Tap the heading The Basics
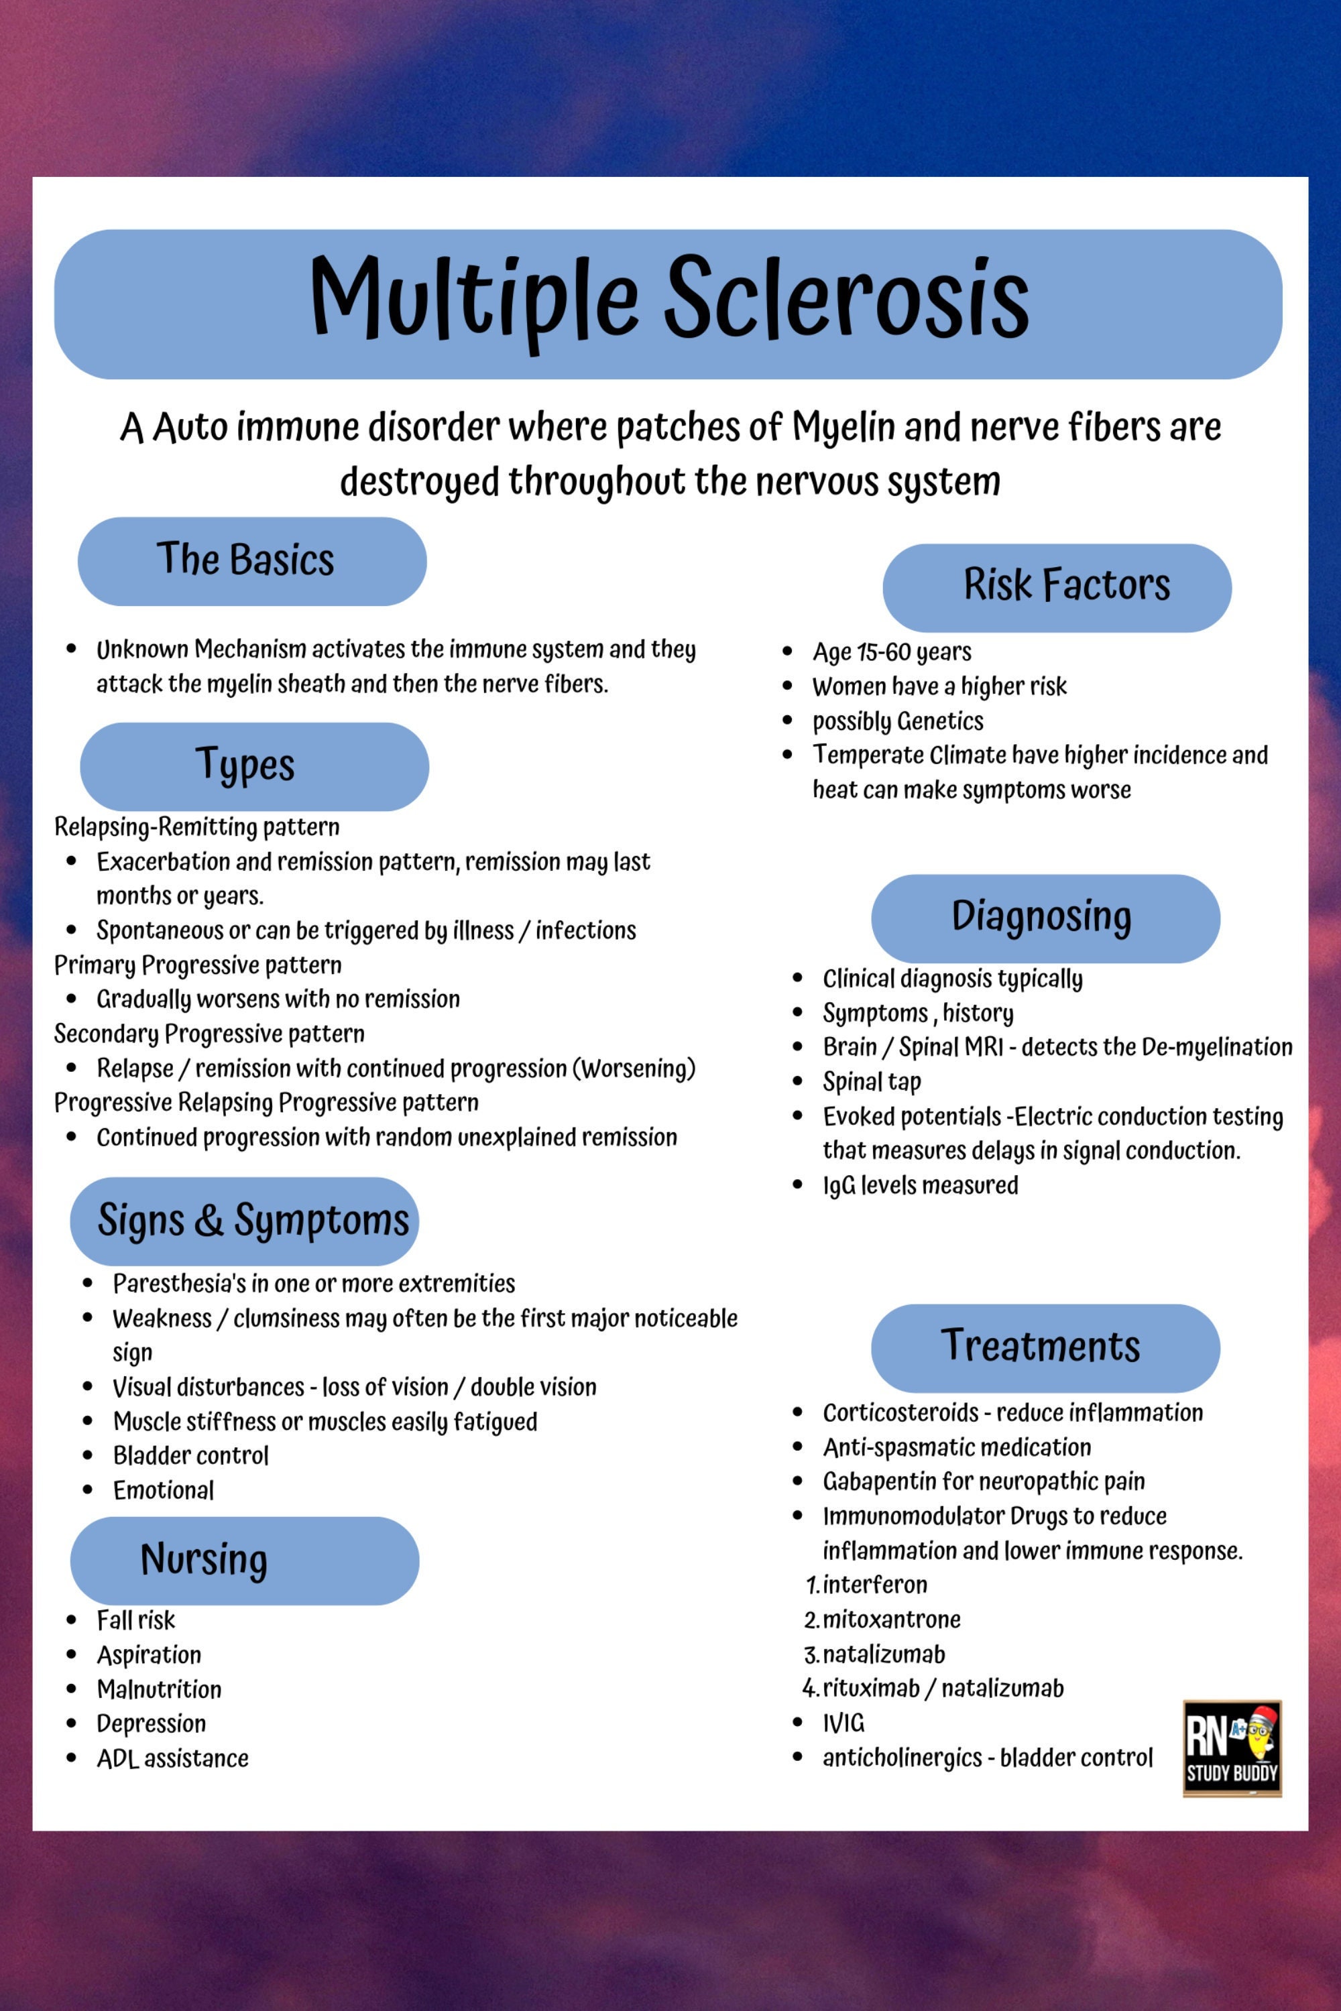coord(245,560)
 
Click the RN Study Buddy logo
coord(1232,1748)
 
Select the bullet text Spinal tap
coord(872,1082)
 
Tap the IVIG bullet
coord(843,1722)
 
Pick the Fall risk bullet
coord(135,1620)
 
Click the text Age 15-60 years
coord(891,652)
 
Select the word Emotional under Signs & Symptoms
coord(164,1489)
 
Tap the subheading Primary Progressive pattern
coord(198,965)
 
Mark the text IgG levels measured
coord(920,1185)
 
